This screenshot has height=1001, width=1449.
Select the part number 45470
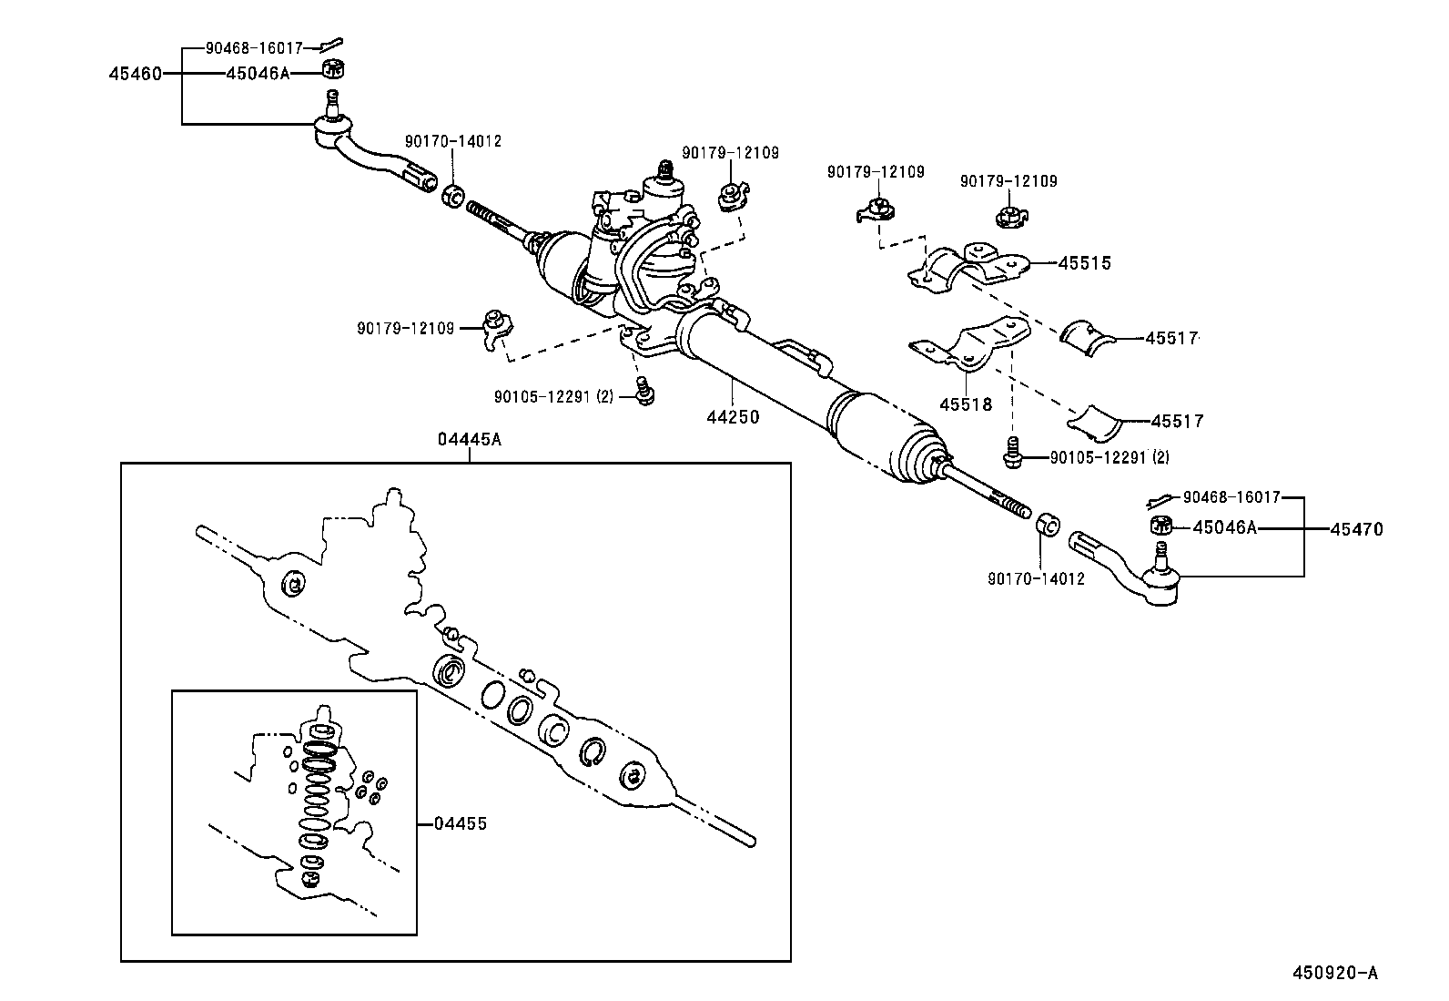[x=1355, y=528]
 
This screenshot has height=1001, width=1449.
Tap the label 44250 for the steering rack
[x=733, y=417]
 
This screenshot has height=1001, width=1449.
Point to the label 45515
[x=1084, y=263]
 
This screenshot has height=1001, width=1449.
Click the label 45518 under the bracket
[x=966, y=403]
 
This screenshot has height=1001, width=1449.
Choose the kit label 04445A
[x=469, y=440]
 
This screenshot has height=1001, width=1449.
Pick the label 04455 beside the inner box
[x=460, y=823]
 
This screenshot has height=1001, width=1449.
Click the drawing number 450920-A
[x=1335, y=973]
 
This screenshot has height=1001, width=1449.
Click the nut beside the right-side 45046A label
[x=1160, y=525]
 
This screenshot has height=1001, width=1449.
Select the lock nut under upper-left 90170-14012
[x=452, y=195]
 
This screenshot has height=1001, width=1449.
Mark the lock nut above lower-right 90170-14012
[x=1048, y=525]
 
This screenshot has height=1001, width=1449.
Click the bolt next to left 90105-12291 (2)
[x=646, y=391]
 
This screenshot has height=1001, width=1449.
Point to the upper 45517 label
[x=1170, y=338]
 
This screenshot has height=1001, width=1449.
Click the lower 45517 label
[x=1176, y=421]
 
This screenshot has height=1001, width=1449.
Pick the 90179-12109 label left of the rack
[x=405, y=328]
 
